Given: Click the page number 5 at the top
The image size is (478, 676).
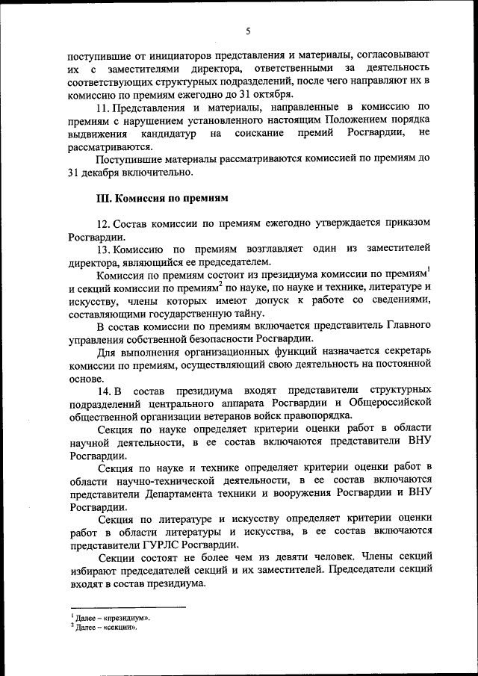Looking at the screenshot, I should [247, 31].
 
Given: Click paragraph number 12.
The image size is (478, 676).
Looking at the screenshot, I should [105, 224].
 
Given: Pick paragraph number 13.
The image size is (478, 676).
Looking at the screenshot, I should [105, 247].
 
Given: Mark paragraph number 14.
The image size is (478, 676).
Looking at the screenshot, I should [105, 391].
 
